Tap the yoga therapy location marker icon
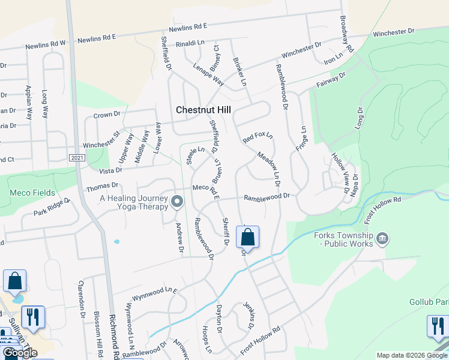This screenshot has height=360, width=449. [176, 202]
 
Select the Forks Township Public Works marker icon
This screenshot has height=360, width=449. [382, 240]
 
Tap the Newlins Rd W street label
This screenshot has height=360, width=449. [45, 45]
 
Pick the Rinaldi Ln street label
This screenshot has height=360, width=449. [190, 44]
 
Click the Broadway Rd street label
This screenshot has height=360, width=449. [346, 32]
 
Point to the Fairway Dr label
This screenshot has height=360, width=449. [332, 80]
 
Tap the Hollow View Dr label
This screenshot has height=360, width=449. [340, 173]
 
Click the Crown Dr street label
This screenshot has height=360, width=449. [107, 114]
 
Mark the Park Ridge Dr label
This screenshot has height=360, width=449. [52, 209]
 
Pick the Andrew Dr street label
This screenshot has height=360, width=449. [179, 237]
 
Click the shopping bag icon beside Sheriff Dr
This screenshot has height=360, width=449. [247, 238]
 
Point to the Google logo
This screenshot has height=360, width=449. [19, 353]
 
